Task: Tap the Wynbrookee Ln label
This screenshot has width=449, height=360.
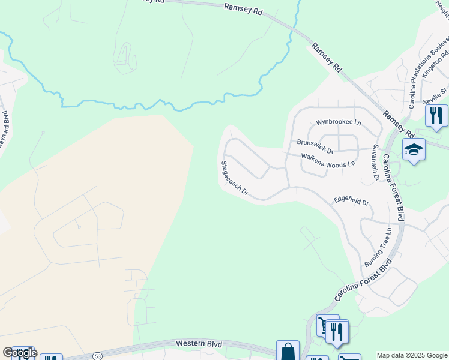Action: [339, 122]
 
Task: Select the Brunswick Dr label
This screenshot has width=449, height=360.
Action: [315, 143]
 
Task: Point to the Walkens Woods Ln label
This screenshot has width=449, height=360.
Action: [328, 159]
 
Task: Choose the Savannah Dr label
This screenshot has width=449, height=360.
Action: [375, 162]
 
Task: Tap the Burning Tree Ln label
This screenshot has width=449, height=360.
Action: [378, 247]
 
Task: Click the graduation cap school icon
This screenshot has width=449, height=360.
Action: [414, 149]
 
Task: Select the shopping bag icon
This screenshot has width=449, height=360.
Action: [288, 351]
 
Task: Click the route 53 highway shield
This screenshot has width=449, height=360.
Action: [97, 356]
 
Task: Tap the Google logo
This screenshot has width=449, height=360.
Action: [20, 353]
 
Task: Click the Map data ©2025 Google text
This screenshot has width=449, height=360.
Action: [412, 355]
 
